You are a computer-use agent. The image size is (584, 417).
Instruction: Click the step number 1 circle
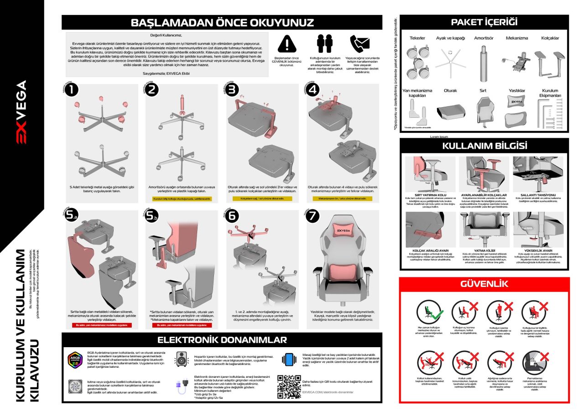(71, 90)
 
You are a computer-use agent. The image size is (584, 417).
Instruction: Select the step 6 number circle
(232, 217)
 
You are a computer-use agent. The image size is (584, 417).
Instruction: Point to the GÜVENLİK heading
(484, 284)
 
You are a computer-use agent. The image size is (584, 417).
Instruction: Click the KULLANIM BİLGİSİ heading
(485, 146)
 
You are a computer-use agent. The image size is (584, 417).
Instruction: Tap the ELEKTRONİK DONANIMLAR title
(222, 340)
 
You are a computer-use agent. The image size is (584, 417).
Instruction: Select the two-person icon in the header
(323, 43)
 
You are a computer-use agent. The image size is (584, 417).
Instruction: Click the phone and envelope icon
(359, 43)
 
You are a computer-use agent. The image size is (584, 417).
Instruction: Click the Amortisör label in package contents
(484, 38)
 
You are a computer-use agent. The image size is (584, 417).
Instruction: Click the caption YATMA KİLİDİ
(485, 250)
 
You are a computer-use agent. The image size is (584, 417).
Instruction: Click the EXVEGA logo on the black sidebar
(22, 112)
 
